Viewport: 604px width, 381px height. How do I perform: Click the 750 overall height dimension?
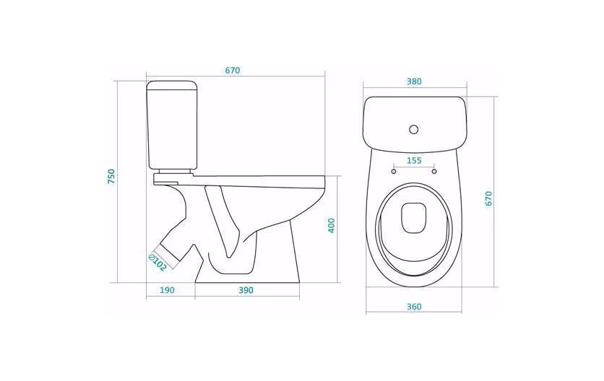[x=111, y=176]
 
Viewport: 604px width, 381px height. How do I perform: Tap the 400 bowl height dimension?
[x=332, y=226]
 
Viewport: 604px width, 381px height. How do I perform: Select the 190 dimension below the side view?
[x=167, y=290]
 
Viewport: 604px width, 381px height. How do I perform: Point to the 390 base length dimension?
[x=246, y=290]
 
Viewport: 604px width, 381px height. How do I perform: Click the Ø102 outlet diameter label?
[x=158, y=262]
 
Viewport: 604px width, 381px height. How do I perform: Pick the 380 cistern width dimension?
[x=414, y=82]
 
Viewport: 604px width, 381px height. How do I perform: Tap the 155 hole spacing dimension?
[x=414, y=160]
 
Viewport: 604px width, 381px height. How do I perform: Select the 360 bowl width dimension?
[x=414, y=307]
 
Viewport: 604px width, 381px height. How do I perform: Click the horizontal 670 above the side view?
[x=233, y=71]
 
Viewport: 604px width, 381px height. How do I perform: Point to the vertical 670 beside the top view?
[x=489, y=199]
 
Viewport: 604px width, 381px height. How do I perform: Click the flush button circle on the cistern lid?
[x=414, y=129]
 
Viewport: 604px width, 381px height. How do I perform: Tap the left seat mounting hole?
[x=393, y=171]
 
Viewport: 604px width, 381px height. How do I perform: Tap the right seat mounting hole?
[x=434, y=171]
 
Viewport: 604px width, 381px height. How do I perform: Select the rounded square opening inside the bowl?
[x=414, y=218]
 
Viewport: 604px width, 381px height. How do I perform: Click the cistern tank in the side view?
[x=172, y=125]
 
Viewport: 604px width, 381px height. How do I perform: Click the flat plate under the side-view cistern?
[x=173, y=178]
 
